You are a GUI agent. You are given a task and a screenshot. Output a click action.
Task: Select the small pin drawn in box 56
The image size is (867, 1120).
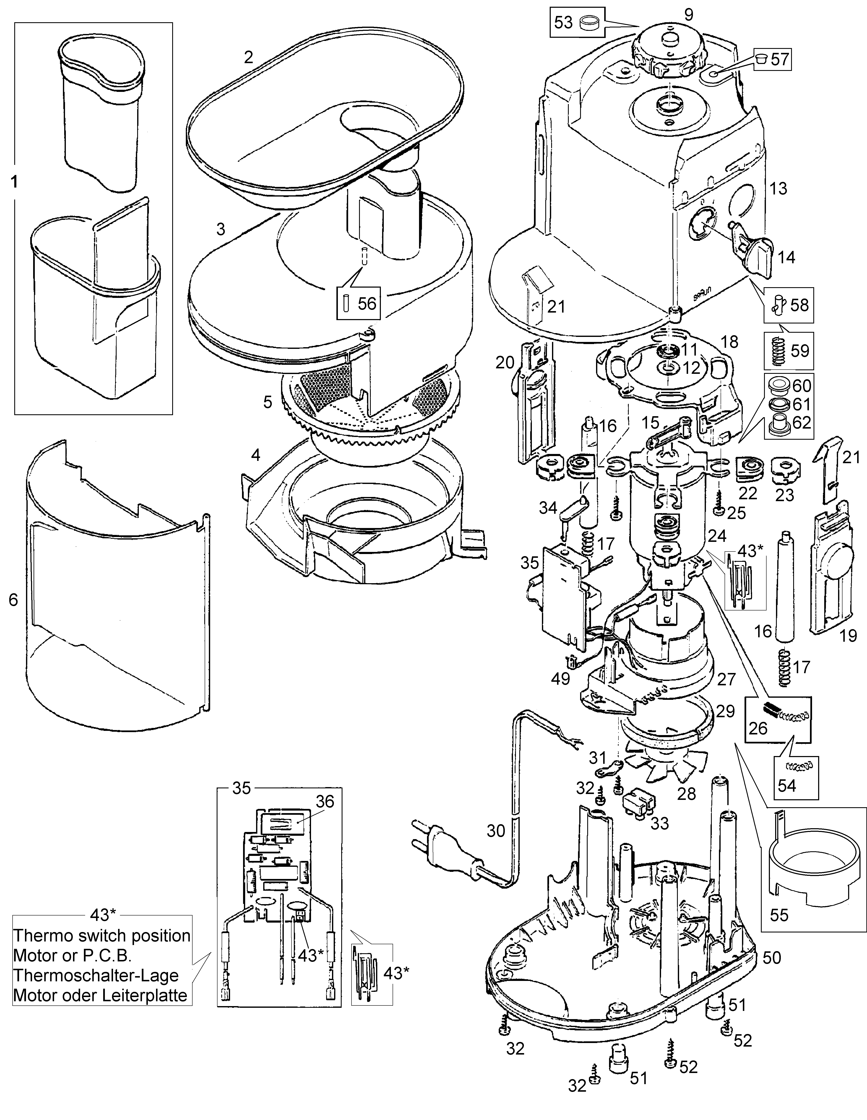point(345,304)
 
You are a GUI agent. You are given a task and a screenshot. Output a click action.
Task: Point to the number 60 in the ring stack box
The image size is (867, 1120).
point(802,385)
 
